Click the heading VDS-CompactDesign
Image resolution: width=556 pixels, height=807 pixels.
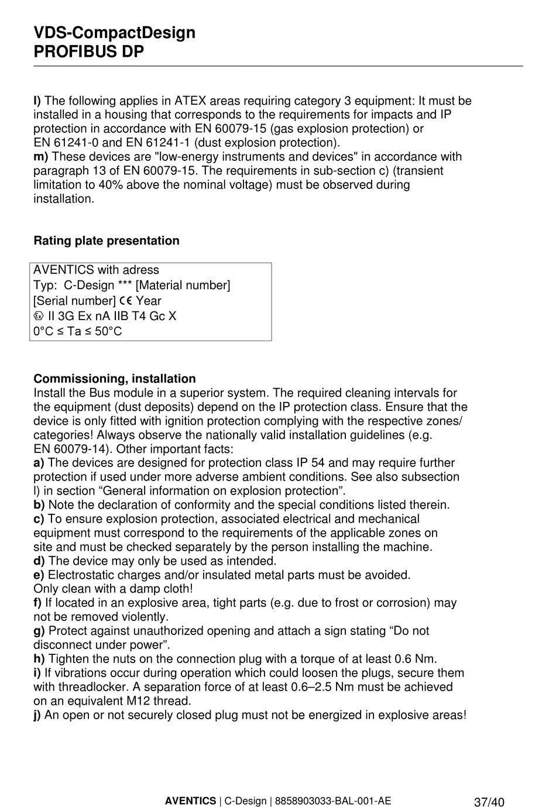point(114,33)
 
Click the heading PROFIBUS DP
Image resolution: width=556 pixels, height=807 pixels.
point(88,52)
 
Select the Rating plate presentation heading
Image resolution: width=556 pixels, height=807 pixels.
point(106,241)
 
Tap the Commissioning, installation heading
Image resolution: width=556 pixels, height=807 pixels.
point(114,379)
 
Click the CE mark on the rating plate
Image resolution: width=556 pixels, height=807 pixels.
point(126,301)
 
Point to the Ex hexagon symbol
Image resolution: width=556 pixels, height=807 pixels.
point(39,316)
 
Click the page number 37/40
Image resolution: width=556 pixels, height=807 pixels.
point(489,802)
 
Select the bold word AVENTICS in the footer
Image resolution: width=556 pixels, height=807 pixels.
point(190,801)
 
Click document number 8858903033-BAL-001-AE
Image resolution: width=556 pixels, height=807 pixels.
point(332,801)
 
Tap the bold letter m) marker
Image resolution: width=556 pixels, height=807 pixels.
point(40,157)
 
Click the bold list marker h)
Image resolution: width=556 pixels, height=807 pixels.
point(39,659)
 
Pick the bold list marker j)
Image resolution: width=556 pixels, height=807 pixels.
point(37,715)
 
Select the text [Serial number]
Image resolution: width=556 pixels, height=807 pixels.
point(74,301)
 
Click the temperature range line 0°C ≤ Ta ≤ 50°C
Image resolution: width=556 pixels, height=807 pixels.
point(77,331)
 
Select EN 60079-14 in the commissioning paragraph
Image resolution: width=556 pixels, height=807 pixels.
point(72,449)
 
